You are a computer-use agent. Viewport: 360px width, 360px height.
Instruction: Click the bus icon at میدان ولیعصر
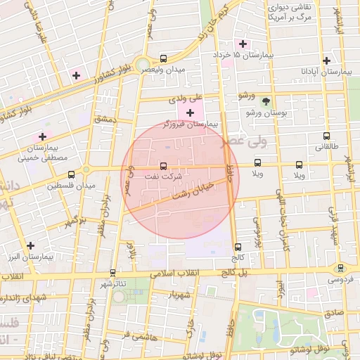coord(164,59)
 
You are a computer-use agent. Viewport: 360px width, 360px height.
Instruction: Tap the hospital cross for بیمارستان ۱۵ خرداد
coord(243,44)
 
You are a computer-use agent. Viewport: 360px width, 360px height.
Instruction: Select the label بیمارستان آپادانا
coord(326,72)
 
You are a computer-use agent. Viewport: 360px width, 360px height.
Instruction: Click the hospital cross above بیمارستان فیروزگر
coord(190,112)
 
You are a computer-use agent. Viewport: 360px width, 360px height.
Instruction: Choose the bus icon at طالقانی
coord(326,136)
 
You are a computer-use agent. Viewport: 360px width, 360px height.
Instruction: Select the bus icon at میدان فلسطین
coord(71,175)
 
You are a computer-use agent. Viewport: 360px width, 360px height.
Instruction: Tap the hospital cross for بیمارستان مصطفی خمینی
coord(43,136)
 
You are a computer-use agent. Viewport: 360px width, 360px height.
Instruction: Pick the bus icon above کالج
coord(238,247)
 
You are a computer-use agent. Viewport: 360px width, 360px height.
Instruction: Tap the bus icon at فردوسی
coord(340,268)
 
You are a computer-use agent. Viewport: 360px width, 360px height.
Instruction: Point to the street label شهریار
coord(179,295)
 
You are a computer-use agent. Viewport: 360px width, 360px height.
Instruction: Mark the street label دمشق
coord(104,120)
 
